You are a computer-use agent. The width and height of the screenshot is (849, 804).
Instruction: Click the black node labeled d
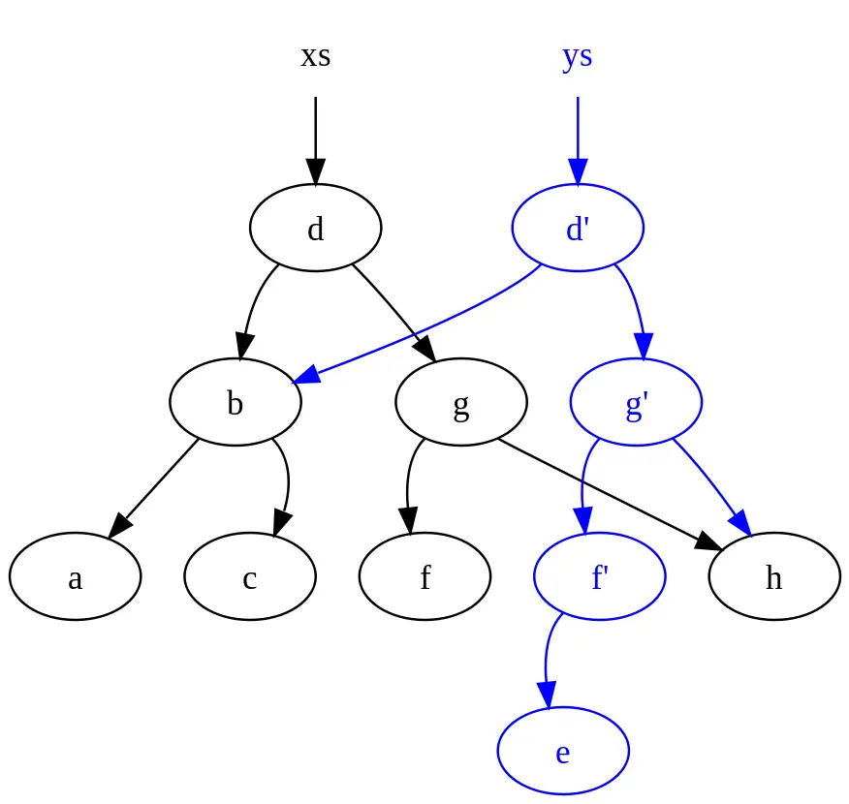(315, 228)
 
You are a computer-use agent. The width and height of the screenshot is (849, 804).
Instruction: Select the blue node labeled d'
(578, 228)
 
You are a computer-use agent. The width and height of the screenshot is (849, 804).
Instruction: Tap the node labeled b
(235, 402)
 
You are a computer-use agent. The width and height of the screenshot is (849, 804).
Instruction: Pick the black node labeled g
(461, 402)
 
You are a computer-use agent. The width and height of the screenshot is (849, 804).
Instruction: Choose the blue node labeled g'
(636, 402)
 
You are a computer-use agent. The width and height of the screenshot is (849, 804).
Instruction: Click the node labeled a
(75, 576)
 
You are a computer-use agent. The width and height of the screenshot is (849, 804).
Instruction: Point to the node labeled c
(249, 576)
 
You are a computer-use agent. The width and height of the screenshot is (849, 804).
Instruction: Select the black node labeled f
(424, 576)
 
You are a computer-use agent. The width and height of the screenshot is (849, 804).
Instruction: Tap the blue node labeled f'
(599, 576)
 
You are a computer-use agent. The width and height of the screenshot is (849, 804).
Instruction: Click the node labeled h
(773, 576)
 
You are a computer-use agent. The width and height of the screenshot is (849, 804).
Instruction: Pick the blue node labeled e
(563, 751)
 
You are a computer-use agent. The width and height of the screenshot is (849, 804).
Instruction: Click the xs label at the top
(315, 56)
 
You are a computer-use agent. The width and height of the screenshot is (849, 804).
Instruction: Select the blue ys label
(577, 56)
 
